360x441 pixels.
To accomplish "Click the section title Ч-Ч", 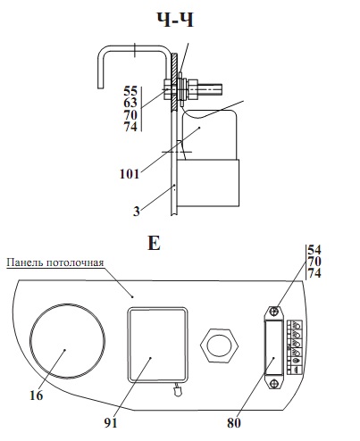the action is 175,21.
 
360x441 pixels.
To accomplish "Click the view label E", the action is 154,243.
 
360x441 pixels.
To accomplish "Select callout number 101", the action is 130,174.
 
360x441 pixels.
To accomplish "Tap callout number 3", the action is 136,212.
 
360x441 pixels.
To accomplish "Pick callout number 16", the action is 37,395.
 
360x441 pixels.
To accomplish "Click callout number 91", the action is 111,422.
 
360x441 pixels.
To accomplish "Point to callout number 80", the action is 234,422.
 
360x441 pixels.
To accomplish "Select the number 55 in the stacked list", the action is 130,91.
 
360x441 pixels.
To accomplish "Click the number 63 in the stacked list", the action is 130,103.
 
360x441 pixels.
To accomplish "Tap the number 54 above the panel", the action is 314,249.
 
